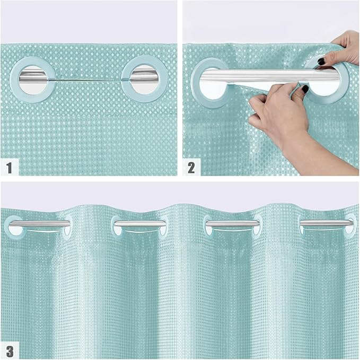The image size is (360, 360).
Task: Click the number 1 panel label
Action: pos(8,168)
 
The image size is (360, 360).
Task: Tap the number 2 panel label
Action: pos(191,168)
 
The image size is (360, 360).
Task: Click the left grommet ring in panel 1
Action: pos(21,80)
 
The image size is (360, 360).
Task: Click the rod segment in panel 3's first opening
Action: pos(39,224)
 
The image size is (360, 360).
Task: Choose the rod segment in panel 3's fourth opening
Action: pos(323,224)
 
